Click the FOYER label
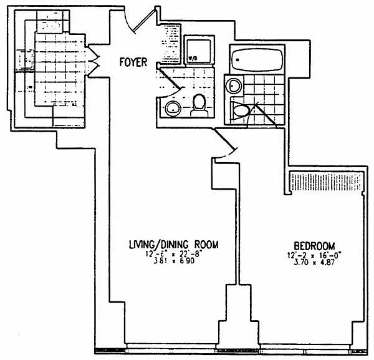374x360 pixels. (134, 62)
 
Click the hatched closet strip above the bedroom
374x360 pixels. (326, 182)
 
